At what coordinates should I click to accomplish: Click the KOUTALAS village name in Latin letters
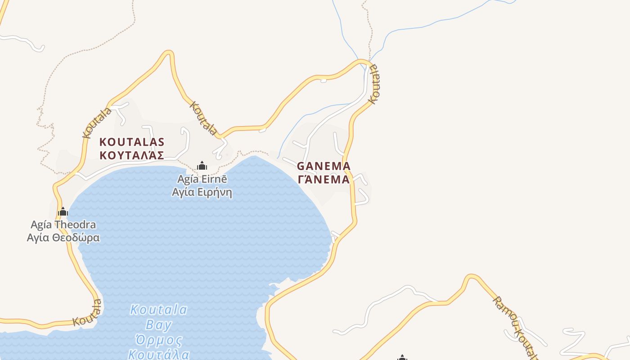tap(131, 142)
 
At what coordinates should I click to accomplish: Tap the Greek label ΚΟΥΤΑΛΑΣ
tap(131, 156)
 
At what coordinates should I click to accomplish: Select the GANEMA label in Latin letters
tap(324, 166)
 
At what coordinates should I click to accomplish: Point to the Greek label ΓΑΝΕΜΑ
tap(324, 179)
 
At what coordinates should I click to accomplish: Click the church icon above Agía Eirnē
tap(202, 166)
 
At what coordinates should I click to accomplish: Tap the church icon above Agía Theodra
tap(63, 211)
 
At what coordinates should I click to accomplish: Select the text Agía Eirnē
tap(202, 179)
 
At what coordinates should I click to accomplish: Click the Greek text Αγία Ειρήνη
tap(202, 192)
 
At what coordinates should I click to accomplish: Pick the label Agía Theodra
tap(63, 224)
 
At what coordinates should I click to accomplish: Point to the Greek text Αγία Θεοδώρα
tap(63, 237)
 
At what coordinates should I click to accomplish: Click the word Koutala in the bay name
tap(158, 310)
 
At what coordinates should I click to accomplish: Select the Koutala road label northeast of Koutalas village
tap(203, 118)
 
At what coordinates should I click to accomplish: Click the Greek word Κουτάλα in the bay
tap(158, 354)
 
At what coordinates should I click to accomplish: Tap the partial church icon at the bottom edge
tap(402, 357)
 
